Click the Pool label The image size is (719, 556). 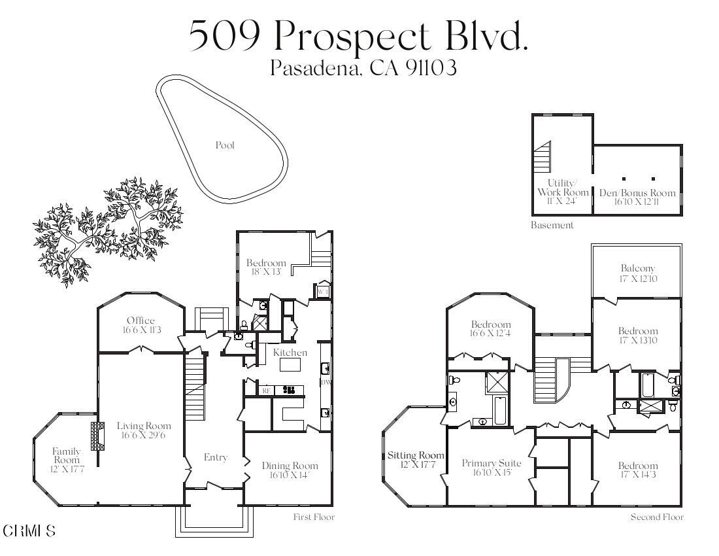(x=225, y=145)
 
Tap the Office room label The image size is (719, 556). (x=141, y=321)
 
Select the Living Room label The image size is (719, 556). (x=144, y=426)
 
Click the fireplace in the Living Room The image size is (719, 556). (x=97, y=436)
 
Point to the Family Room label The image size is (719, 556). (x=67, y=455)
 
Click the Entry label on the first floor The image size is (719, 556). (x=215, y=458)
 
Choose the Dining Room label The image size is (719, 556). (x=290, y=466)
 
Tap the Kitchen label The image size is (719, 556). (x=290, y=353)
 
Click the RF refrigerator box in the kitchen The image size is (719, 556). (x=266, y=391)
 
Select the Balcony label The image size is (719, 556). (x=637, y=268)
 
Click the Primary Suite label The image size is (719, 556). (x=488, y=463)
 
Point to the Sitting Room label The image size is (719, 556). (x=416, y=455)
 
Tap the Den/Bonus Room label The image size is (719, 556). (x=637, y=193)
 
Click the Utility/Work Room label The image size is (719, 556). (x=563, y=188)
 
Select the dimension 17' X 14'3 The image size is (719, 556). (x=638, y=475)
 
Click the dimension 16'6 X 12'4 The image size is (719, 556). (x=491, y=334)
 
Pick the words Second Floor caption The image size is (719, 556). (x=657, y=517)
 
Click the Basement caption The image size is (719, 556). (x=552, y=225)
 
